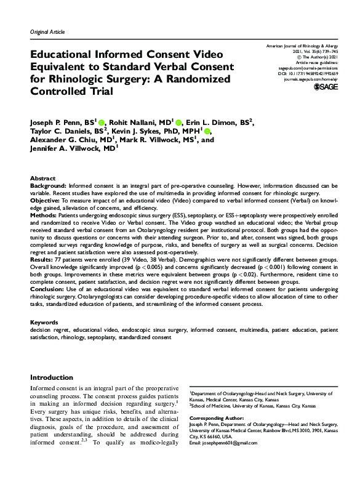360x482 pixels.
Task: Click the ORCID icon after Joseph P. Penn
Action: click(x=100, y=122)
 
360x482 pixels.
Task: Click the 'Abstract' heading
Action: click(x=42, y=177)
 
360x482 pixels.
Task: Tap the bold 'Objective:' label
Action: click(x=48, y=201)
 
